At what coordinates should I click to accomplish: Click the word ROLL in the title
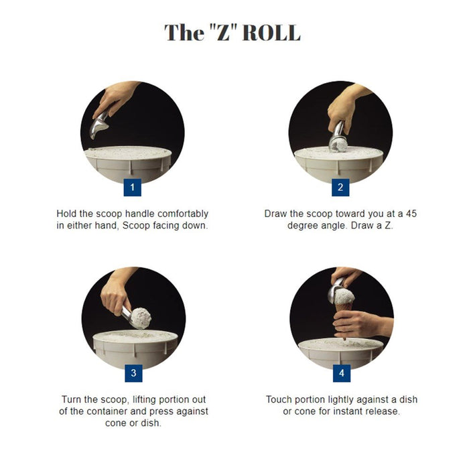coord(270,33)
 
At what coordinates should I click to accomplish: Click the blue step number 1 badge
coord(132,187)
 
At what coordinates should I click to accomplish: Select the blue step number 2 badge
coord(340,187)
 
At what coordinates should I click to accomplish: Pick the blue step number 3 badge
coord(133,373)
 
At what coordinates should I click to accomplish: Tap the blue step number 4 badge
coord(341,373)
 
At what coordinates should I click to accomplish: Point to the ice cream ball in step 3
coord(140,318)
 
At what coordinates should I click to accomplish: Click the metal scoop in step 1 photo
coord(99,125)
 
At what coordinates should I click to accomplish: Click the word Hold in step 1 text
coord(68,214)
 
